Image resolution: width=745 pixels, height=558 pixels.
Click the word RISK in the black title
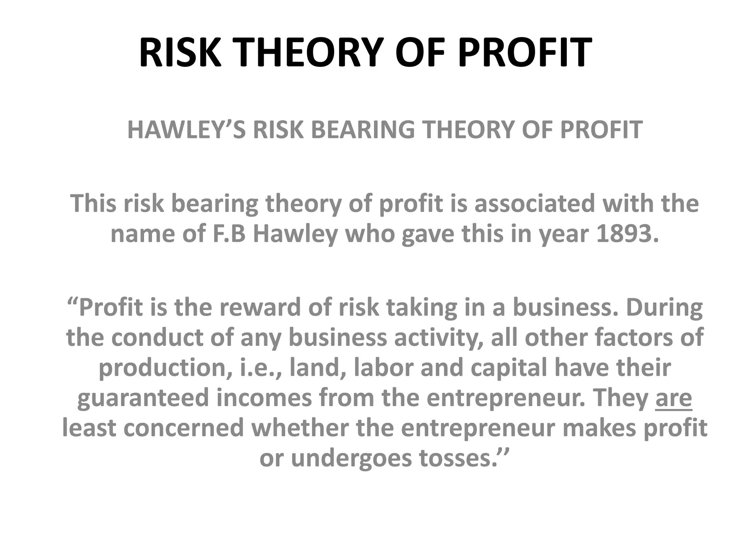coord(180,53)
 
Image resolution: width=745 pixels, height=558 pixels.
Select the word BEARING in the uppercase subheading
coord(363,130)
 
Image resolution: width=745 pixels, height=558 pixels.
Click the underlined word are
coord(674,398)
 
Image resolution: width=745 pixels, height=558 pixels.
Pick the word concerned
coord(184,428)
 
